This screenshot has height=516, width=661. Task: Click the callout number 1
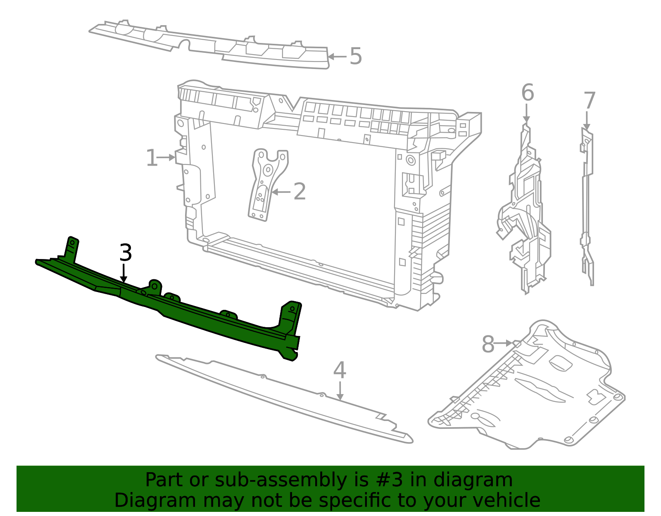(152, 158)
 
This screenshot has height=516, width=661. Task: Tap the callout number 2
(300, 192)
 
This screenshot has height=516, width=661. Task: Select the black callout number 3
(126, 253)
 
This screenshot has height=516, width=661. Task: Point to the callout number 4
(340, 370)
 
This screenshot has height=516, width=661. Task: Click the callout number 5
(356, 57)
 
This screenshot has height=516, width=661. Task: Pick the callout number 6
(528, 93)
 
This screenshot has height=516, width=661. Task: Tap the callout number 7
(590, 101)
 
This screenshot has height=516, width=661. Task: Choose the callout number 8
(488, 344)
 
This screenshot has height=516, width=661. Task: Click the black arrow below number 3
(124, 274)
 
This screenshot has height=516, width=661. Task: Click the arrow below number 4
(340, 391)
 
